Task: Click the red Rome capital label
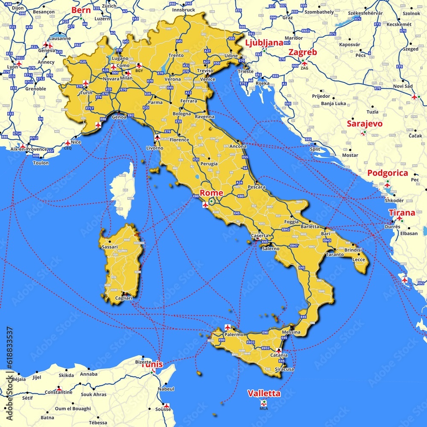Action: [211, 193]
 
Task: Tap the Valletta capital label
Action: [264, 393]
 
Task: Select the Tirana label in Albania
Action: [401, 213]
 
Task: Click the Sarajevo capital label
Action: [364, 124]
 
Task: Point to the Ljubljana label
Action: [264, 42]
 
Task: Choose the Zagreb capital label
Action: [302, 52]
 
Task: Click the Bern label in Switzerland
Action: [81, 10]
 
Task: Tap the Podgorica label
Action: [387, 173]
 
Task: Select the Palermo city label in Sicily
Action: [234, 335]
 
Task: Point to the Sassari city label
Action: [110, 247]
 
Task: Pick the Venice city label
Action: [208, 79]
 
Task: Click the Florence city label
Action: [179, 140]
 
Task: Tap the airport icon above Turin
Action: [85, 83]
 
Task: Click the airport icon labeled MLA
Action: [264, 402]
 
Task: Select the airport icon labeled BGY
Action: [139, 65]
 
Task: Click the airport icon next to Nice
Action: [67, 143]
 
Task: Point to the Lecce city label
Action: [359, 260]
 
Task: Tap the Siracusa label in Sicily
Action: [284, 369]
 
